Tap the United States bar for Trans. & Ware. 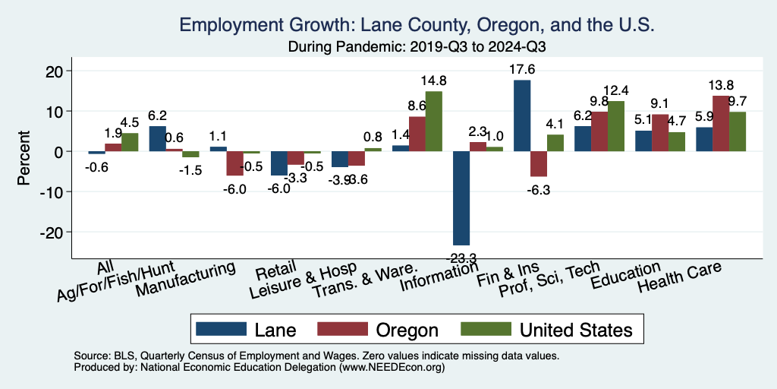pyautogui.click(x=433, y=122)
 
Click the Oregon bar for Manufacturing pyautogui.click(x=235, y=163)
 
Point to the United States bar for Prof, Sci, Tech pyautogui.click(x=615, y=126)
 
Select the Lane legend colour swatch pyautogui.click(x=222, y=329)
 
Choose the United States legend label pyautogui.click(x=576, y=330)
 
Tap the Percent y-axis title pyautogui.click(x=24, y=151)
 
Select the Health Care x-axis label pyautogui.click(x=679, y=277)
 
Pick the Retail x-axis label pyautogui.click(x=270, y=269)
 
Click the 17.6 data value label pyautogui.click(x=522, y=69)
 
